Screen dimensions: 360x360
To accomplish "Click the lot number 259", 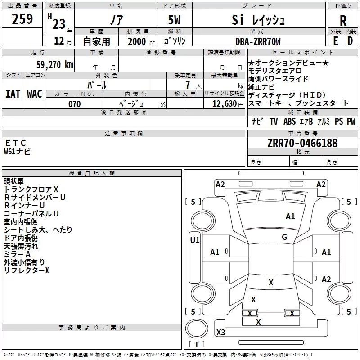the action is click(x=22, y=19).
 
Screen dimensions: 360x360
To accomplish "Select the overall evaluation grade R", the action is click(x=343, y=20).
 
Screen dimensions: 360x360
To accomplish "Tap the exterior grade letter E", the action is click(x=335, y=41).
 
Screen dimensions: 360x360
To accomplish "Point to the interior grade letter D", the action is click(x=350, y=41).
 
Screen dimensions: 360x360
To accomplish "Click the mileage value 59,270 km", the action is click(x=54, y=65).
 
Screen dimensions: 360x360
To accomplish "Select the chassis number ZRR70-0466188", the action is click(x=302, y=144).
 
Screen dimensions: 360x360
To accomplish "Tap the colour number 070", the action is click(x=74, y=104).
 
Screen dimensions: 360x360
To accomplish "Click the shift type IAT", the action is click(x=13, y=94).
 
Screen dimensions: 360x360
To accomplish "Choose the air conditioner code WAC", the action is click(x=35, y=94).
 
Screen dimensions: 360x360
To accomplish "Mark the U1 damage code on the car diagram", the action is click(x=194, y=240).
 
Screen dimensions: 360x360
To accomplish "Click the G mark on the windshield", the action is click(x=284, y=237).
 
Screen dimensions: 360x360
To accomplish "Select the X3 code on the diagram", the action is click(x=221, y=333).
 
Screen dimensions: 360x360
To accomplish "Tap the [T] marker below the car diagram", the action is click(x=196, y=345).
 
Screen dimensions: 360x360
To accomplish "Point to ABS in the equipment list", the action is click(x=289, y=121).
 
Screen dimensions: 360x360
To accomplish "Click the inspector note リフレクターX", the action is click(x=26, y=270).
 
